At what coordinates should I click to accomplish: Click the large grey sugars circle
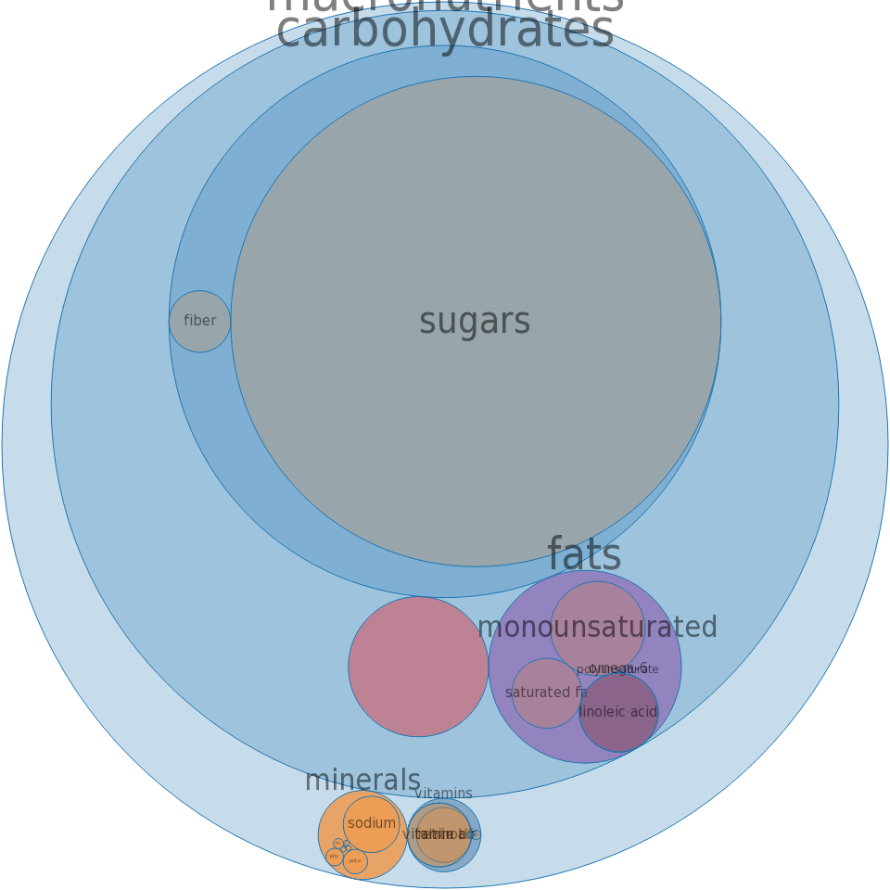(x=476, y=232)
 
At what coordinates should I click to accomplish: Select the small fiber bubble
(x=199, y=322)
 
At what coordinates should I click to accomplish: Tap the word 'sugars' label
(x=475, y=322)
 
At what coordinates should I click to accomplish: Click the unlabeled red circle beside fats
(x=418, y=667)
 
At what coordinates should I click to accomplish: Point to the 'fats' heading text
(x=584, y=554)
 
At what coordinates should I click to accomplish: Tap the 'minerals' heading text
(x=362, y=781)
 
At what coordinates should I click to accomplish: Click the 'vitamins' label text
(x=443, y=794)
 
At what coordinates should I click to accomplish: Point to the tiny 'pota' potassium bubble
(x=355, y=861)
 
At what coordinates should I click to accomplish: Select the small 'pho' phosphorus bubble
(x=335, y=857)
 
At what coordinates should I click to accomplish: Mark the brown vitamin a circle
(x=442, y=834)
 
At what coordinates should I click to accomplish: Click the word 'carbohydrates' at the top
(x=445, y=33)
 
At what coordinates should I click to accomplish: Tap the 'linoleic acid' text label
(x=618, y=712)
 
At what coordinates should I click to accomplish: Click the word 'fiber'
(x=199, y=321)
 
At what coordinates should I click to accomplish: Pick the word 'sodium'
(x=372, y=823)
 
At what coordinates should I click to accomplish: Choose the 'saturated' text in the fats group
(x=538, y=693)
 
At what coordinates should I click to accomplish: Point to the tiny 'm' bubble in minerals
(x=338, y=844)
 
